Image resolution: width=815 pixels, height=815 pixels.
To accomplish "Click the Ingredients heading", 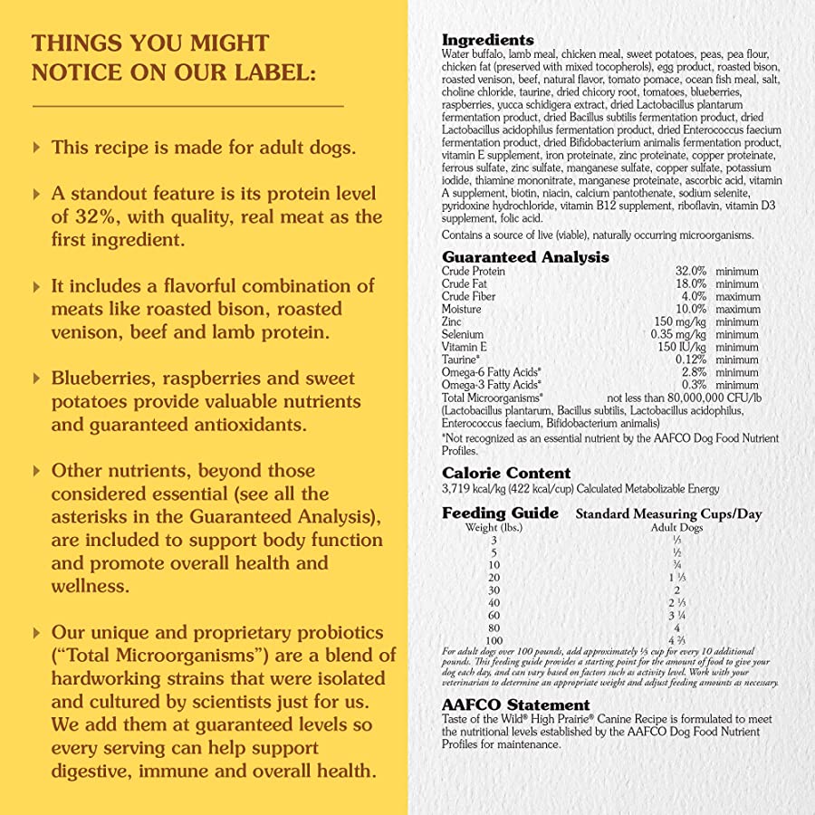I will [x=487, y=40].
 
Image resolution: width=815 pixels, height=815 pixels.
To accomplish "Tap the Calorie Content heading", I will [x=506, y=473].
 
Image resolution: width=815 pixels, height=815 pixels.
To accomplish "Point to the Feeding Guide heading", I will [x=500, y=513].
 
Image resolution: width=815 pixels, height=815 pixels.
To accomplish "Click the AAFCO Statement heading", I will [x=515, y=705].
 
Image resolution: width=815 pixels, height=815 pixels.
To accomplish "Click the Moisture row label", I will [x=462, y=310].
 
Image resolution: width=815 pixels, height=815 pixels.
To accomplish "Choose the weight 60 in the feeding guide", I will [x=494, y=615].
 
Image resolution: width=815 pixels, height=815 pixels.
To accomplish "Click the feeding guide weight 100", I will [x=494, y=640].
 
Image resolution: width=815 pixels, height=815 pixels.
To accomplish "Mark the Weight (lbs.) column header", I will [x=494, y=527].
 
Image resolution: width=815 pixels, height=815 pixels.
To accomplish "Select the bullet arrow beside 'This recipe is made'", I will [x=36, y=147].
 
